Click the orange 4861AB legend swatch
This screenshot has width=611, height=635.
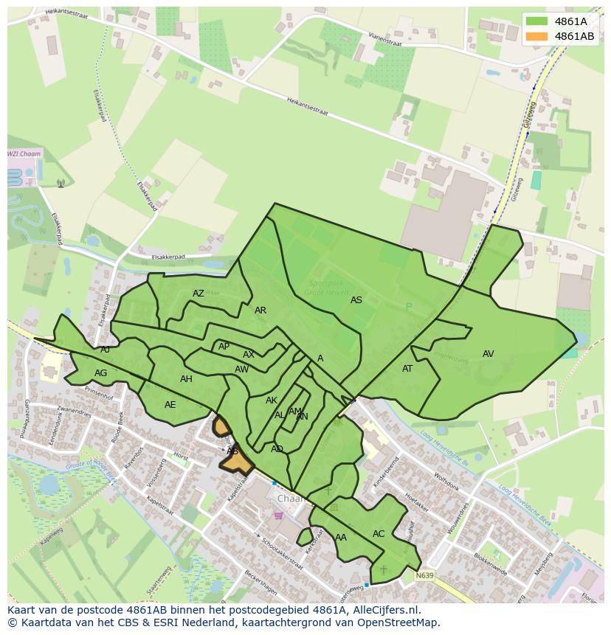click(x=537, y=36)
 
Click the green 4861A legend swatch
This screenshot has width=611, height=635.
click(x=537, y=21)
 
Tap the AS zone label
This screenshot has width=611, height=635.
click(x=356, y=300)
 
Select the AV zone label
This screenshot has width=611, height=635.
click(x=488, y=354)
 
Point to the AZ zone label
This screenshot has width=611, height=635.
click(x=199, y=294)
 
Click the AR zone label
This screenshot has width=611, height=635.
click(x=260, y=310)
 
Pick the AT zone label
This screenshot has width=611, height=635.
click(x=407, y=369)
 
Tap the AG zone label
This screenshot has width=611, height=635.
click(x=101, y=373)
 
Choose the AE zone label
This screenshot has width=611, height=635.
click(x=170, y=405)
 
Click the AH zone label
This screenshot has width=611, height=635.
click(x=186, y=379)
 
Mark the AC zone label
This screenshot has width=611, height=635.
click(x=379, y=534)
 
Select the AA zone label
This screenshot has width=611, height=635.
click(x=341, y=538)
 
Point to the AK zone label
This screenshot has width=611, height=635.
click(x=272, y=400)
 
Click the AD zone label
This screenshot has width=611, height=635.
click(x=277, y=449)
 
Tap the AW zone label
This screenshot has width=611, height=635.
click(x=241, y=369)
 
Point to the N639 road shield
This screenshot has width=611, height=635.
click(x=424, y=575)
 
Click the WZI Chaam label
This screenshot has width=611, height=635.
click(x=24, y=154)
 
